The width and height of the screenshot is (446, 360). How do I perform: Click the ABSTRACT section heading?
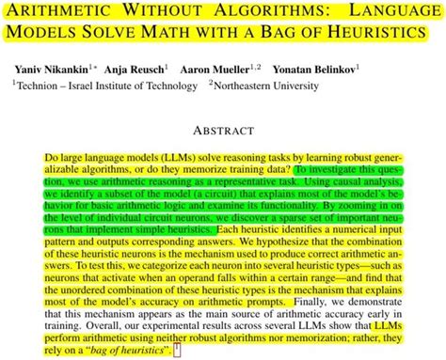[222, 132]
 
